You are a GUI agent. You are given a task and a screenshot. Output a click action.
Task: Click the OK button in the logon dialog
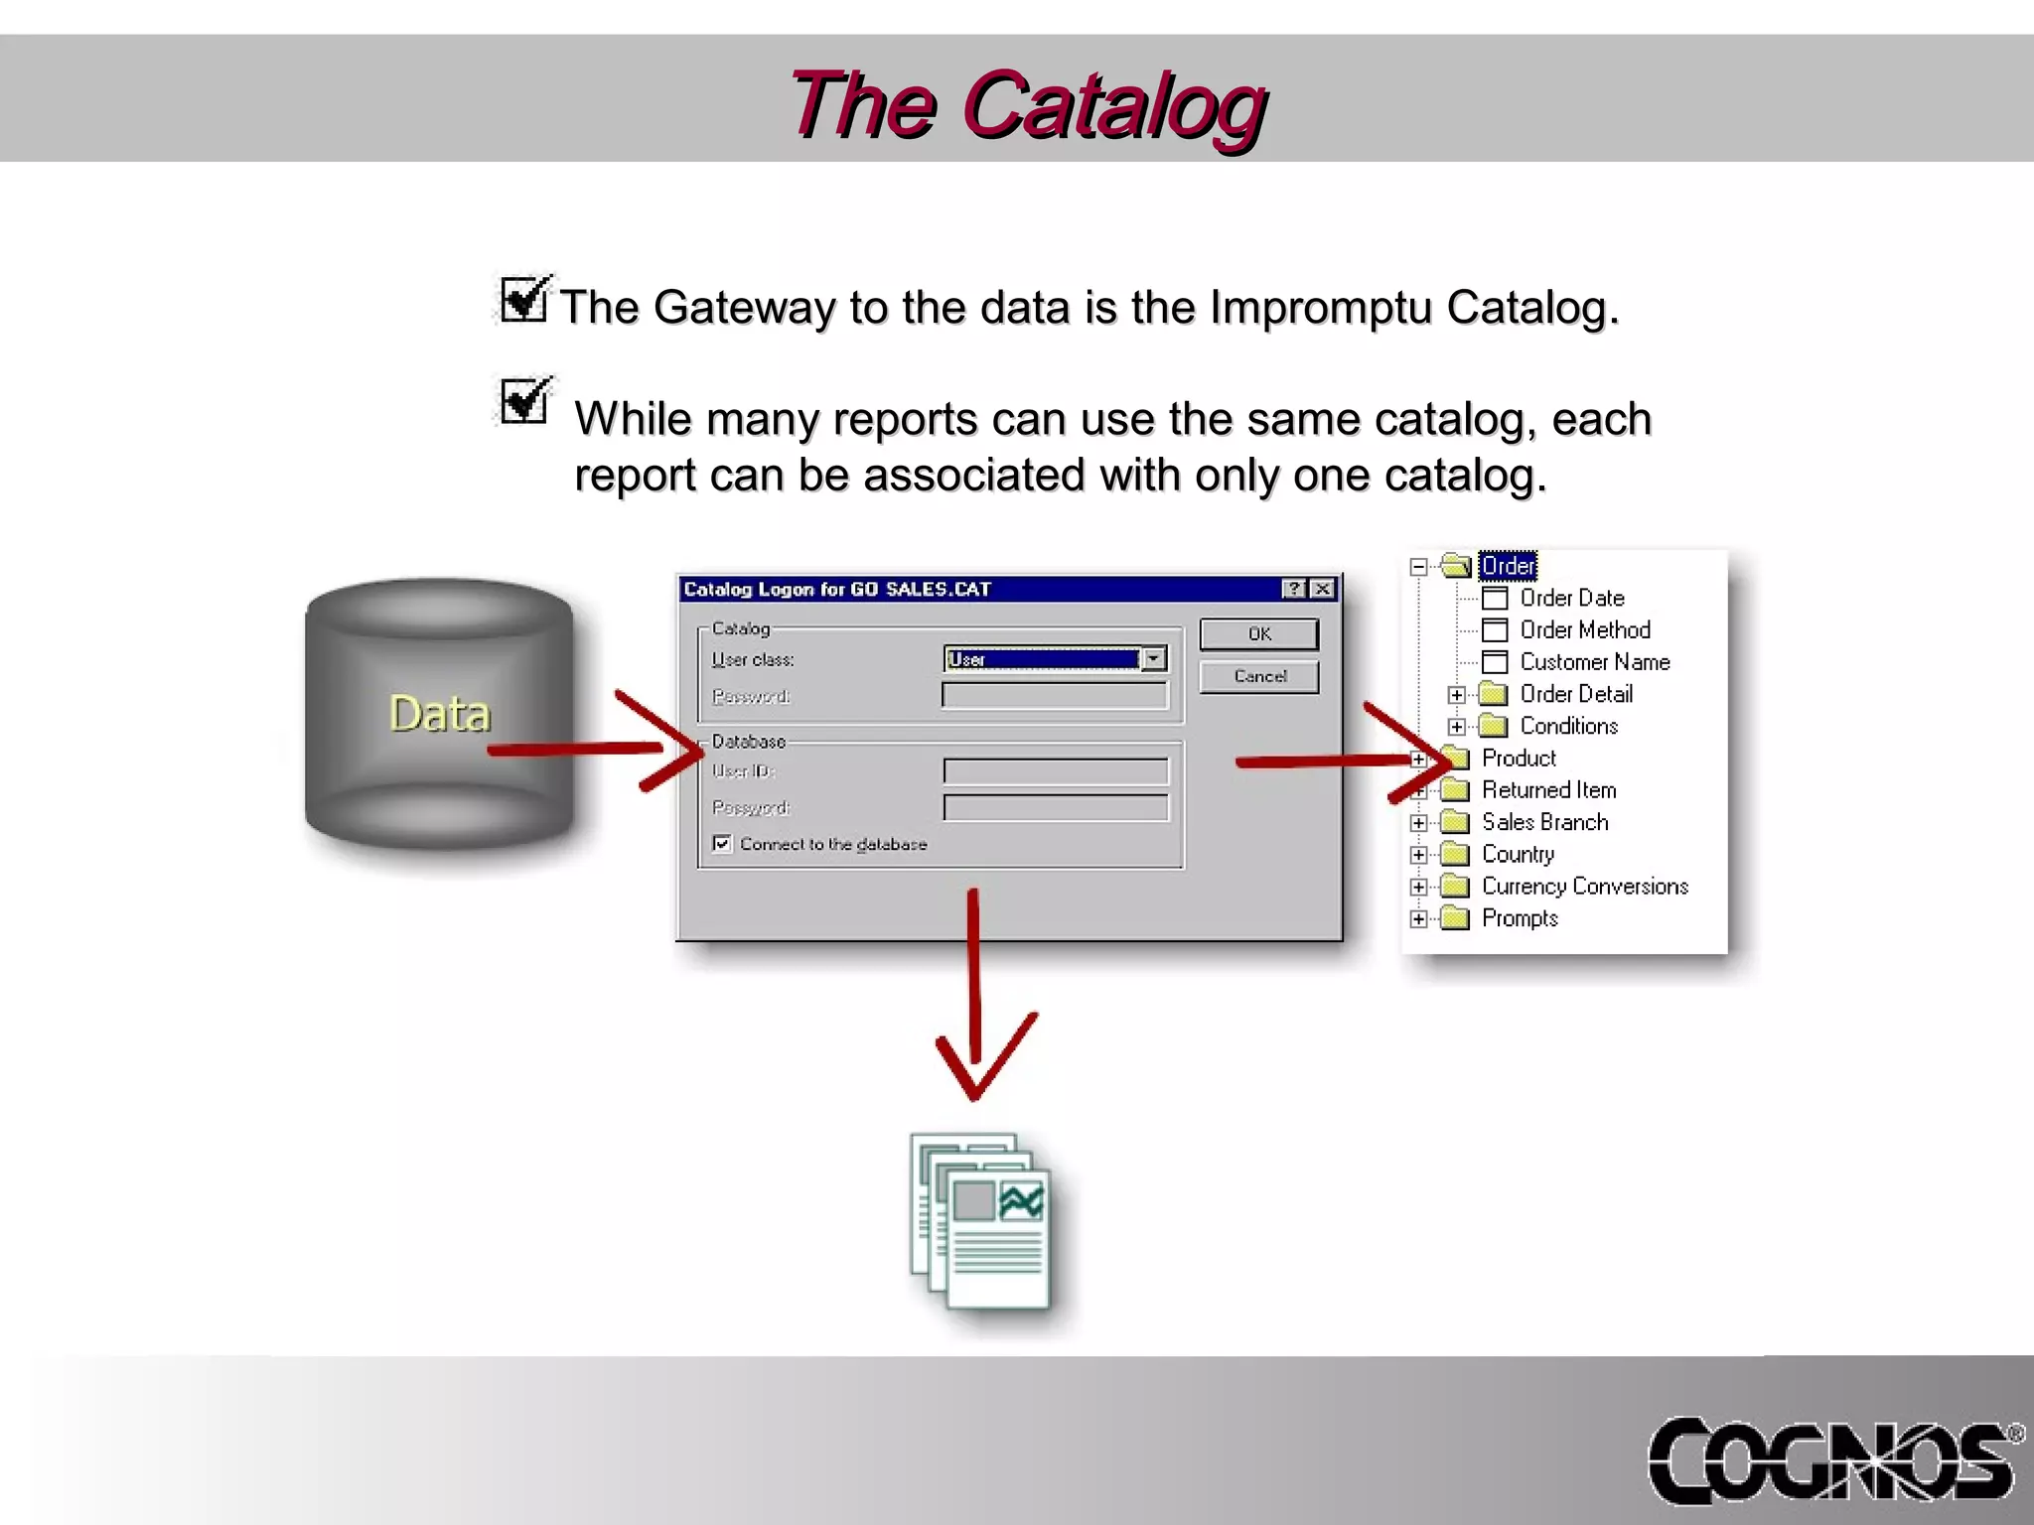1258,633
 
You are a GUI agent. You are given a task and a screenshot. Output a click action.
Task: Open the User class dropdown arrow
1153,658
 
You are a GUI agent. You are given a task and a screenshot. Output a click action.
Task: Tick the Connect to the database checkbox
722,844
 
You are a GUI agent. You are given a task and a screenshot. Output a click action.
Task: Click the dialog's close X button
1322,589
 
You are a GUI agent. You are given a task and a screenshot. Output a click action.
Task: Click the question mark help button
1294,589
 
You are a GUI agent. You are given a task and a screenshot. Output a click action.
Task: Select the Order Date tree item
1571,598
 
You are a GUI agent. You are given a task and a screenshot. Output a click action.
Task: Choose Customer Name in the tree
1594,662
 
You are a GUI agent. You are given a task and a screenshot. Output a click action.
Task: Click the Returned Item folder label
1548,790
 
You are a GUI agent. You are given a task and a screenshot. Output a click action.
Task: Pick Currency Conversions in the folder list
1584,887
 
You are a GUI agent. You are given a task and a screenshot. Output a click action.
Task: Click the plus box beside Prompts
1418,918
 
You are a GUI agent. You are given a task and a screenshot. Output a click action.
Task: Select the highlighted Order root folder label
1508,566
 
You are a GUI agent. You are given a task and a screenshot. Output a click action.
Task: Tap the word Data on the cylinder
439,714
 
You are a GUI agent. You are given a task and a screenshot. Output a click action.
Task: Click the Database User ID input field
1055,771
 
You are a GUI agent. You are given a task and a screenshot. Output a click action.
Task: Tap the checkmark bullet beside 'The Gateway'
523,299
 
